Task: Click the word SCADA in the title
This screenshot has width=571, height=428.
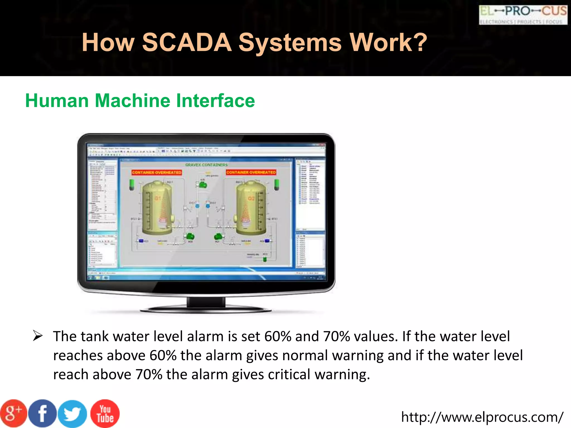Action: (x=187, y=42)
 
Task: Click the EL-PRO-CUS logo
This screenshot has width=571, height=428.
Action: (x=523, y=15)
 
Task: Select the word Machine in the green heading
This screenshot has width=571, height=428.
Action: (x=133, y=101)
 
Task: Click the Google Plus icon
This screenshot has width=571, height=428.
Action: (x=13, y=413)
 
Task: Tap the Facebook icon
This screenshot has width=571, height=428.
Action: (x=42, y=414)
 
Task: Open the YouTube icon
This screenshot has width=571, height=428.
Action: (x=105, y=414)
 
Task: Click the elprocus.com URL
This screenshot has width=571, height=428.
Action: (x=482, y=417)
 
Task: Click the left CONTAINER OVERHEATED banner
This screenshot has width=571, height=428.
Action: (x=157, y=172)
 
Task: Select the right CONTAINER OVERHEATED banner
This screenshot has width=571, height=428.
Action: (x=251, y=172)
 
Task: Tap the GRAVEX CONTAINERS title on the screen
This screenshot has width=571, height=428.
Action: (x=206, y=165)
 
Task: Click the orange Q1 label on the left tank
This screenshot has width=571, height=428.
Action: (x=158, y=198)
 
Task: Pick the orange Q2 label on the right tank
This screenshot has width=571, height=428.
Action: (x=251, y=198)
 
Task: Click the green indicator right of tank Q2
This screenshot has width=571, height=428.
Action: (x=277, y=184)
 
